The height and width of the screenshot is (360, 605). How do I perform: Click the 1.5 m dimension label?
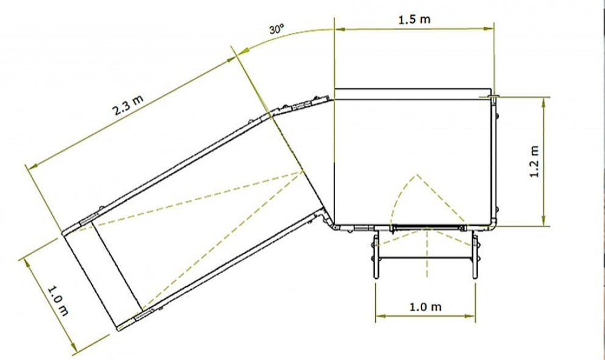(x=414, y=19)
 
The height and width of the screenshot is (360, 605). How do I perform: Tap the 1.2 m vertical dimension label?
(x=535, y=161)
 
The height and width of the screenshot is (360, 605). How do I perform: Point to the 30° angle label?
(x=276, y=29)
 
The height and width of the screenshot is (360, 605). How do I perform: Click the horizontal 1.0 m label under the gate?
(x=425, y=306)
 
